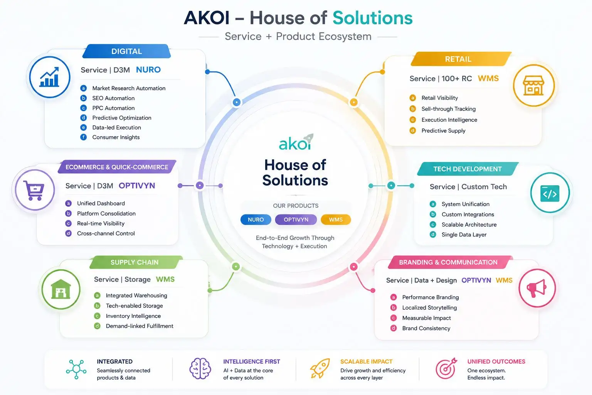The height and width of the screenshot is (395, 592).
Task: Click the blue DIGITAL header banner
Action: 126,51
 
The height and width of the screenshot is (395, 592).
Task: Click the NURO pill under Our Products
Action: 256,219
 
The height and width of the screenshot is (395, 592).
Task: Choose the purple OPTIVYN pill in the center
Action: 296,219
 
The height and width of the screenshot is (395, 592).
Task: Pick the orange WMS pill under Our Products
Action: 336,219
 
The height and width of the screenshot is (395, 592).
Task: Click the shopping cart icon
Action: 34,190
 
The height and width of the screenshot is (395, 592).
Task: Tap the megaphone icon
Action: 536,288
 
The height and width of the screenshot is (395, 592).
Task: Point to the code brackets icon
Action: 550,194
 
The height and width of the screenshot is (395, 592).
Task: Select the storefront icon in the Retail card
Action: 533,86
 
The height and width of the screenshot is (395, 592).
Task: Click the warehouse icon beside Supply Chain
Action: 61,289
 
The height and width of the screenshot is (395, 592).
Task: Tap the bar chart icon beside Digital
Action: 49,77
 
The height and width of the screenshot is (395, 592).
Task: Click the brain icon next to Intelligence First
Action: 200,368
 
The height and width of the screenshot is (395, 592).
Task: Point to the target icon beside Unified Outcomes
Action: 446,368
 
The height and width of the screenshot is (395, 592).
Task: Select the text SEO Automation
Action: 113,98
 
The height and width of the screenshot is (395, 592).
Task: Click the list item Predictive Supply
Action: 443,131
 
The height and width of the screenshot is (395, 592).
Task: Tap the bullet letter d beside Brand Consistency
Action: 394,328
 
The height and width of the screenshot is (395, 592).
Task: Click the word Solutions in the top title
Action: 372,18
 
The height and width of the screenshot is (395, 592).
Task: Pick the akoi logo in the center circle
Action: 296,142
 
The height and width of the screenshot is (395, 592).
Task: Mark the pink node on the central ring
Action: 353,267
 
